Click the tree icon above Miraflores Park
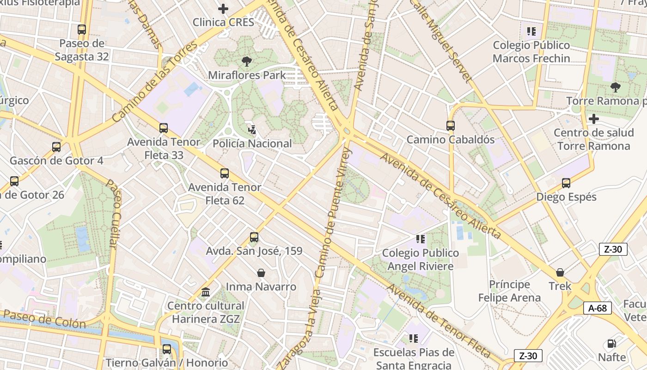point(247,61)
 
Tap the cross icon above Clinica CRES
point(223,8)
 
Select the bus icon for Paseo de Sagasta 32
point(82,30)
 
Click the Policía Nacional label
point(252,143)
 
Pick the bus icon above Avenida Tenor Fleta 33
point(164,128)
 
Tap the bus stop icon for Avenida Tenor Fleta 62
point(225,173)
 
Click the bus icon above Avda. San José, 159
point(254,237)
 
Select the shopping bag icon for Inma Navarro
point(261,273)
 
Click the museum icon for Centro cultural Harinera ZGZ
point(206,292)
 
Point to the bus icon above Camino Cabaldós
point(451,125)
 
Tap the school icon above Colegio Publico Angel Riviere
point(420,239)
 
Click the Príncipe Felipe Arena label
point(509,291)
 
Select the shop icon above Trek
point(560,272)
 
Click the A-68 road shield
point(597,308)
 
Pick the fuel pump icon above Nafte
point(611,344)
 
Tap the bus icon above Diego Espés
point(566,183)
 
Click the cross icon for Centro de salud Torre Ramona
point(594,119)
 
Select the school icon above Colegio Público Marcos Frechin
point(531,31)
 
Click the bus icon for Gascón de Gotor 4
point(56,147)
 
